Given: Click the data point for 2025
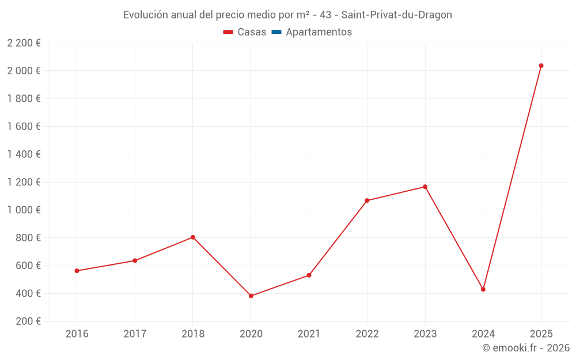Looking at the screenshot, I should coord(541,66).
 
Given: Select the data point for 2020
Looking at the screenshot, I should coord(251,296).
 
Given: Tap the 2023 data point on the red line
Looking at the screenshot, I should coord(425,187).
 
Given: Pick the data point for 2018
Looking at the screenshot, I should coord(193,237).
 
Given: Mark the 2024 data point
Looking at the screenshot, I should coord(483,289).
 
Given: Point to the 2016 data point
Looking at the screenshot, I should coord(77,271).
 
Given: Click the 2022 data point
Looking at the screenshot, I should coord(367,200).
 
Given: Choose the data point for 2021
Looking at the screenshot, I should coord(309,275).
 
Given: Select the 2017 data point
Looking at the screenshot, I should coord(135,260).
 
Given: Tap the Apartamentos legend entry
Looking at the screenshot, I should coord(319,32).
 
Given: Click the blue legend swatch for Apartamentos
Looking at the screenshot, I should coord(276,32).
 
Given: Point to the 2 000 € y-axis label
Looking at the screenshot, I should coord(24,71).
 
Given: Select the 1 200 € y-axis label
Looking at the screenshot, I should coord(24,182).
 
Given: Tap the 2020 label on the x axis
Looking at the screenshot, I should coord(251,334).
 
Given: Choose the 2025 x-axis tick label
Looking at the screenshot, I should coord(541,334).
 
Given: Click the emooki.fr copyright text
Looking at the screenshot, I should coord(525,348).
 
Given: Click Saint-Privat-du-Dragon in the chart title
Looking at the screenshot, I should coord(397,15).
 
